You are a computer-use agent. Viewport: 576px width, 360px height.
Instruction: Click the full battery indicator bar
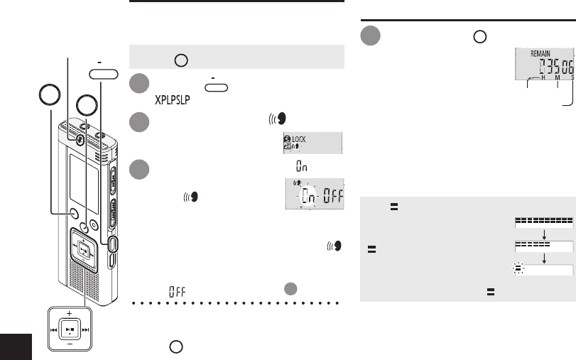click(x=543, y=222)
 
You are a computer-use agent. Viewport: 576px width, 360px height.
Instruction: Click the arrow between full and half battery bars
click(x=543, y=234)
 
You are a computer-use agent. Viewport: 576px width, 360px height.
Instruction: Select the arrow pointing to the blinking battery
click(x=543, y=258)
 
